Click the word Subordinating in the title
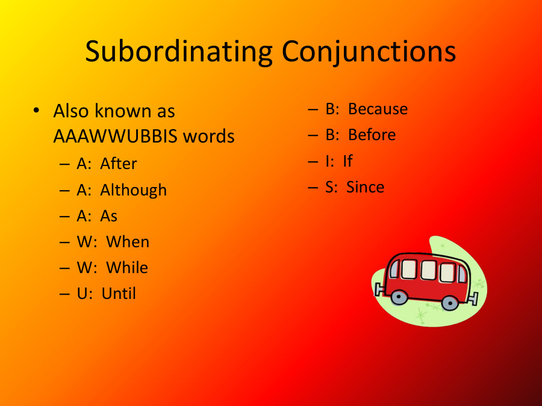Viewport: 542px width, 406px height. tap(178, 52)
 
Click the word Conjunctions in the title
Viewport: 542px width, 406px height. tap(369, 52)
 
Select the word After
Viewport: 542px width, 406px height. tap(119, 164)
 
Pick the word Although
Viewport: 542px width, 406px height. tap(133, 190)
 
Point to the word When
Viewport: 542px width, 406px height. tap(128, 242)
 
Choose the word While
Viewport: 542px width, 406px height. tap(127, 268)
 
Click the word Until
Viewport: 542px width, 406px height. tap(119, 294)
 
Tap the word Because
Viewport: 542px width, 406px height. tap(378, 109)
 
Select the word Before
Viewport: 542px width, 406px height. tap(372, 135)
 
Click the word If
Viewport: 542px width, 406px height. tap(347, 161)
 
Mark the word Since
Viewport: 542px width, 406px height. tap(365, 187)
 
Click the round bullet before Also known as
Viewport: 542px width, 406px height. tap(37, 111)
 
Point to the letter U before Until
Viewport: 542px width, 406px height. tap(83, 294)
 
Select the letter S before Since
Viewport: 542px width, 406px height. tap(331, 187)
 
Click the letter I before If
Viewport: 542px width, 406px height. tap(328, 161)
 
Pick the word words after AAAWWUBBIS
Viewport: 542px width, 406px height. tap(209, 137)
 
